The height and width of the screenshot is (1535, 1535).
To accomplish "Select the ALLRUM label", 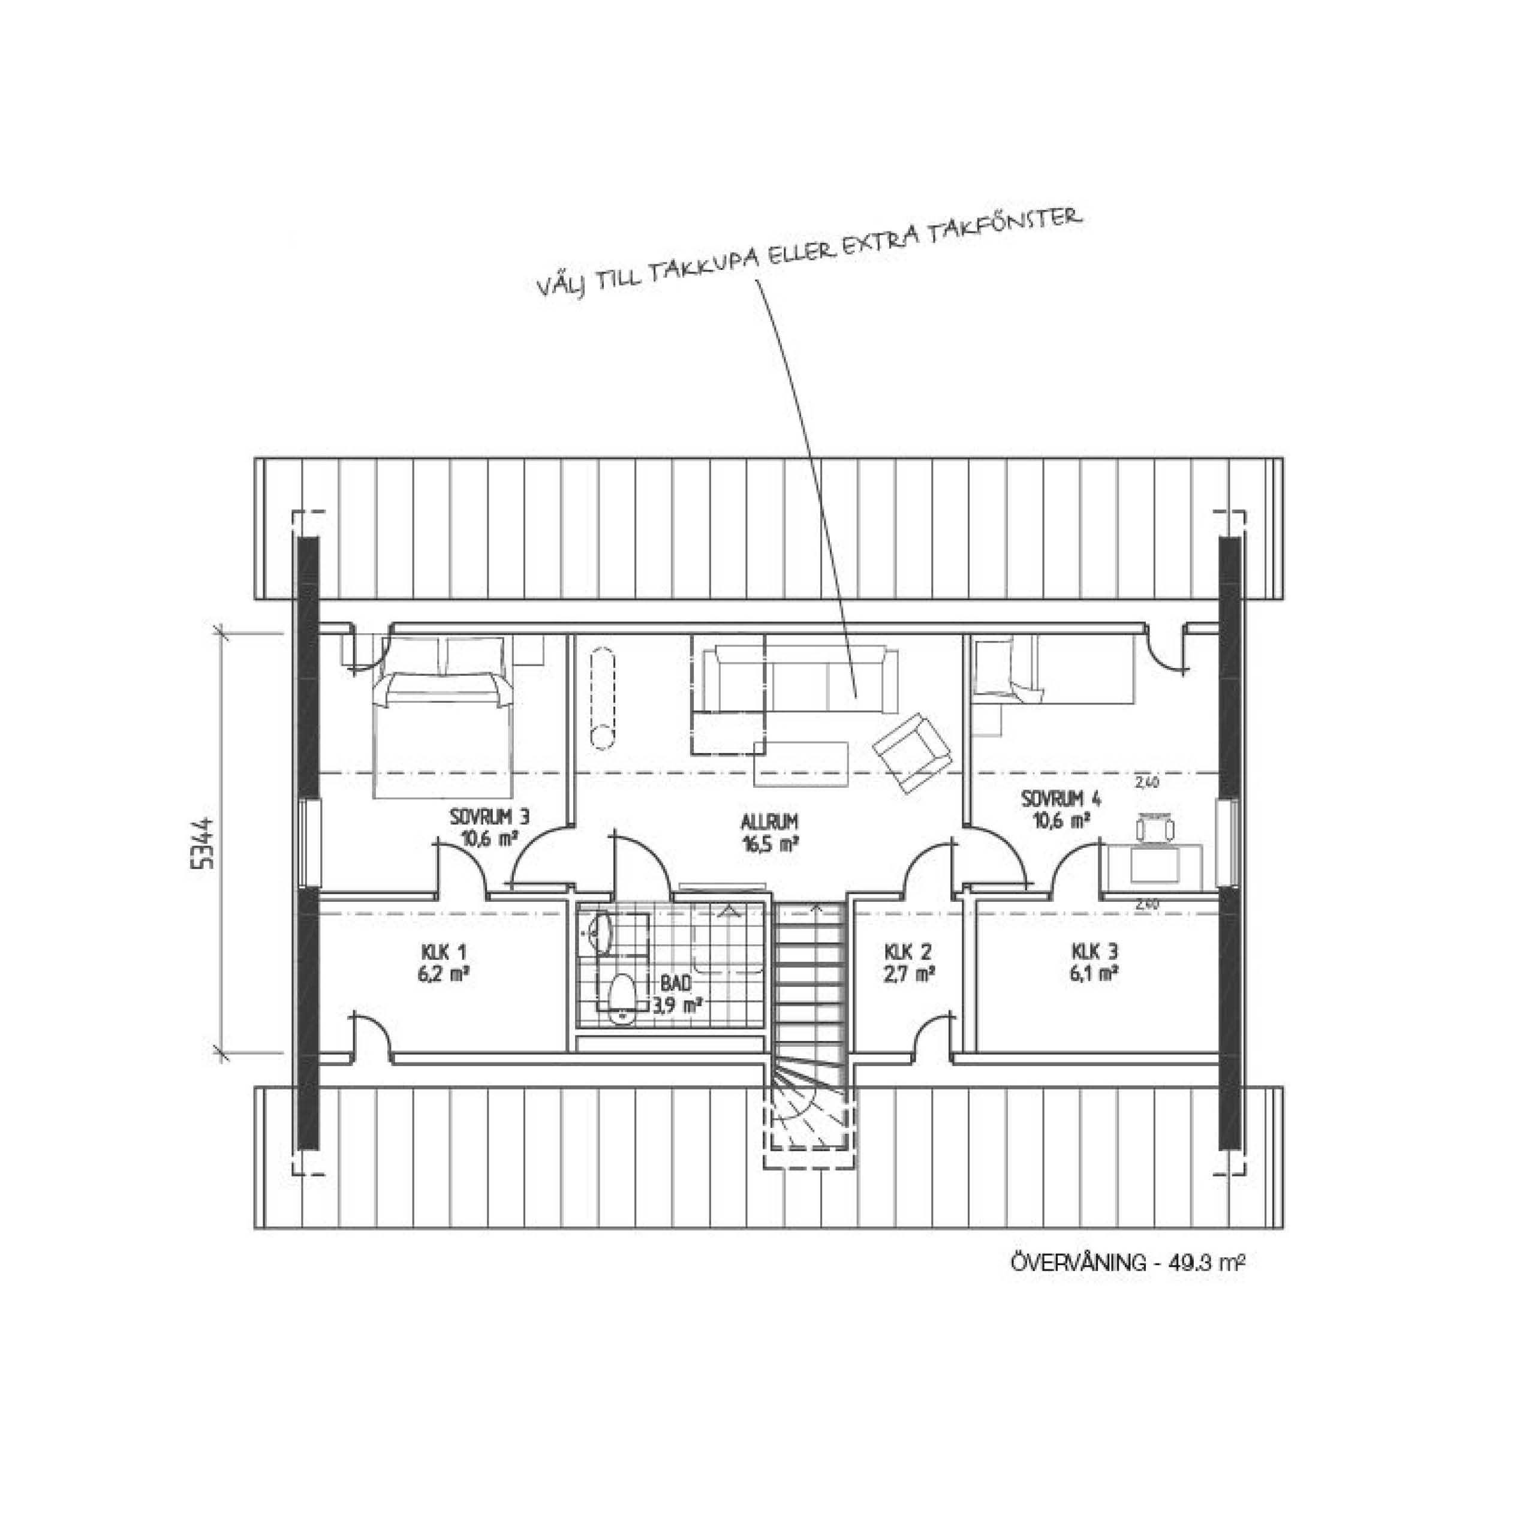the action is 770,821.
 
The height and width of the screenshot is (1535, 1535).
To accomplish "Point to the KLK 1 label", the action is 443,952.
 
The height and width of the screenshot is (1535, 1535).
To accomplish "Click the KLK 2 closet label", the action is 909,952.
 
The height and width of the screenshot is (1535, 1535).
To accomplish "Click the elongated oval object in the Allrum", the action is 603,697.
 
